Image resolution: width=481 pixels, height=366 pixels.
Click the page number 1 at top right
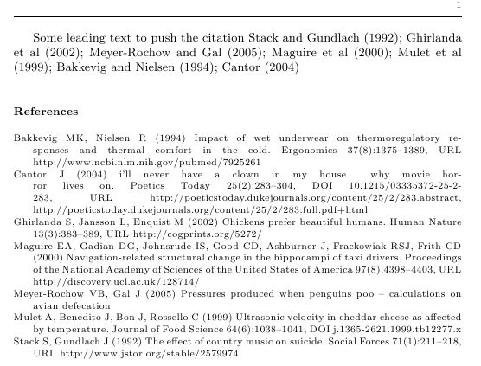click(x=458, y=6)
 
